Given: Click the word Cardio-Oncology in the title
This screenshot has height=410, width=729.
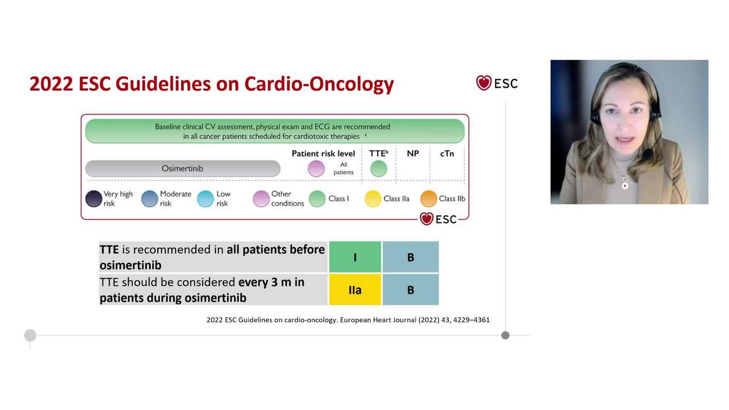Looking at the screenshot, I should (x=319, y=84).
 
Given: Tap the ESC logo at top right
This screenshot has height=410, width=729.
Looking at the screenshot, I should (x=497, y=83).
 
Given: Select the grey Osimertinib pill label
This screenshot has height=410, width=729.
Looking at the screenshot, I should (x=182, y=169).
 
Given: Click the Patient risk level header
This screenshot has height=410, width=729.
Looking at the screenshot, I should (x=323, y=154).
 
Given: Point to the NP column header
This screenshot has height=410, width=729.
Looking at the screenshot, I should (x=413, y=154).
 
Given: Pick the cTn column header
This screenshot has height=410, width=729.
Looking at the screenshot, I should (x=447, y=154).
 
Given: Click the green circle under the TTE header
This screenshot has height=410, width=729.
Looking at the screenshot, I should (x=378, y=169).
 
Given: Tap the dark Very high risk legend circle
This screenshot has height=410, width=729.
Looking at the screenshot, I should (x=93, y=199).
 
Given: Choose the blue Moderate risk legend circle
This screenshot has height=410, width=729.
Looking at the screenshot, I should (x=149, y=199).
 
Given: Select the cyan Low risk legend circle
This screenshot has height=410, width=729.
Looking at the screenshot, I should (x=205, y=199).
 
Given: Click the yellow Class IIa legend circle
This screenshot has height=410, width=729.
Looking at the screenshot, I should (x=373, y=199).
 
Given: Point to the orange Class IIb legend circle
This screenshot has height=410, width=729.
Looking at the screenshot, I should (x=428, y=199).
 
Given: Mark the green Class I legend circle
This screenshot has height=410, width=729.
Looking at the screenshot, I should (x=317, y=199).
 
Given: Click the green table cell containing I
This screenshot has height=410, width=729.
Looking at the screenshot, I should (x=355, y=257).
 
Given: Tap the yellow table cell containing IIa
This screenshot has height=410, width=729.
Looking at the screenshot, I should (x=355, y=290).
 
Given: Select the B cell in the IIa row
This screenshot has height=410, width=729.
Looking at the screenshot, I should (x=410, y=290).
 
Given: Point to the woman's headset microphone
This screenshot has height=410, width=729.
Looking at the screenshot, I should (x=647, y=154).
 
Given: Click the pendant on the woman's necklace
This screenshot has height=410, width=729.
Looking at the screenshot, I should (x=625, y=185).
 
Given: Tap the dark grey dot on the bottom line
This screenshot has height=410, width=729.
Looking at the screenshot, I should (x=505, y=335).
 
